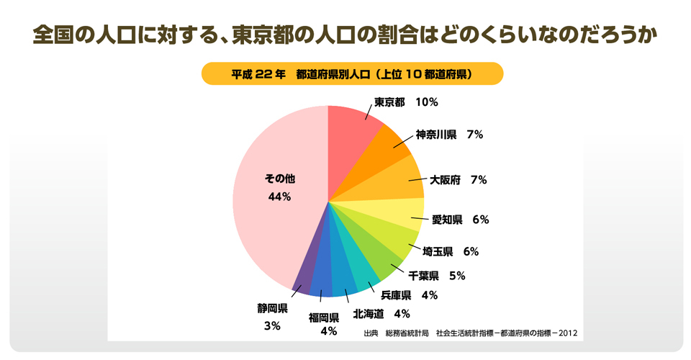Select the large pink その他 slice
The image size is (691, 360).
[x=277, y=216]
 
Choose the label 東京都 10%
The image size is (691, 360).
[x=405, y=102]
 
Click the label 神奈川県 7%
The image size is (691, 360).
[x=449, y=135]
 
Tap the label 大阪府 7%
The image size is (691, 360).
[x=459, y=180]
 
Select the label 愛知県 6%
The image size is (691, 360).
[x=460, y=220]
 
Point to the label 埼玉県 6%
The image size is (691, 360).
[x=451, y=251]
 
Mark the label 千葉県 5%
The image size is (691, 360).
[x=437, y=275]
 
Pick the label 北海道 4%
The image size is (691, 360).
[x=381, y=313]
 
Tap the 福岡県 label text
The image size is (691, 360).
[x=324, y=318]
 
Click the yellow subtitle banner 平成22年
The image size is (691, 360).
[x=351, y=73]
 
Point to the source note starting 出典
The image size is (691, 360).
[x=470, y=333]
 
